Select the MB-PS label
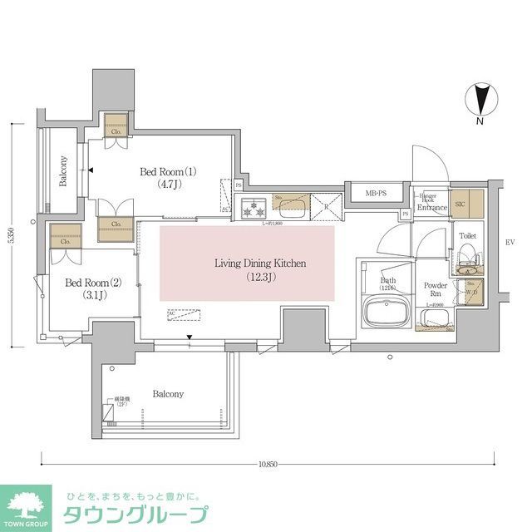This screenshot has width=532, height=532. pyautogui.click(x=377, y=194)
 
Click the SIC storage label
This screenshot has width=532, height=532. pyautogui.click(x=461, y=203)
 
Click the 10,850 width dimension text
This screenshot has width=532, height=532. pyautogui.click(x=267, y=463)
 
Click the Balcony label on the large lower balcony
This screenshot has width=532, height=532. pyautogui.click(x=168, y=394)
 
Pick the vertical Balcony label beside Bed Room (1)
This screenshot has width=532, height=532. pyautogui.click(x=62, y=171)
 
